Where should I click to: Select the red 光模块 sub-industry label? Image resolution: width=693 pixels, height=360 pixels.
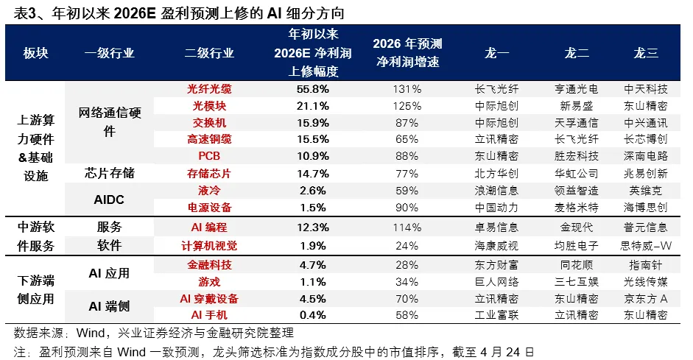tap(209, 105)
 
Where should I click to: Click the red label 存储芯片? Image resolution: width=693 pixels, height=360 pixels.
tap(209, 173)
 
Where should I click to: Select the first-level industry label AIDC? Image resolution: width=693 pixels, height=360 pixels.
tap(108, 199)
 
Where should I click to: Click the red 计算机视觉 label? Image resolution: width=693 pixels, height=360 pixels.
tap(209, 245)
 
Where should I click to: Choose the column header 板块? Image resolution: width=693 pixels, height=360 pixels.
tap(35, 53)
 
